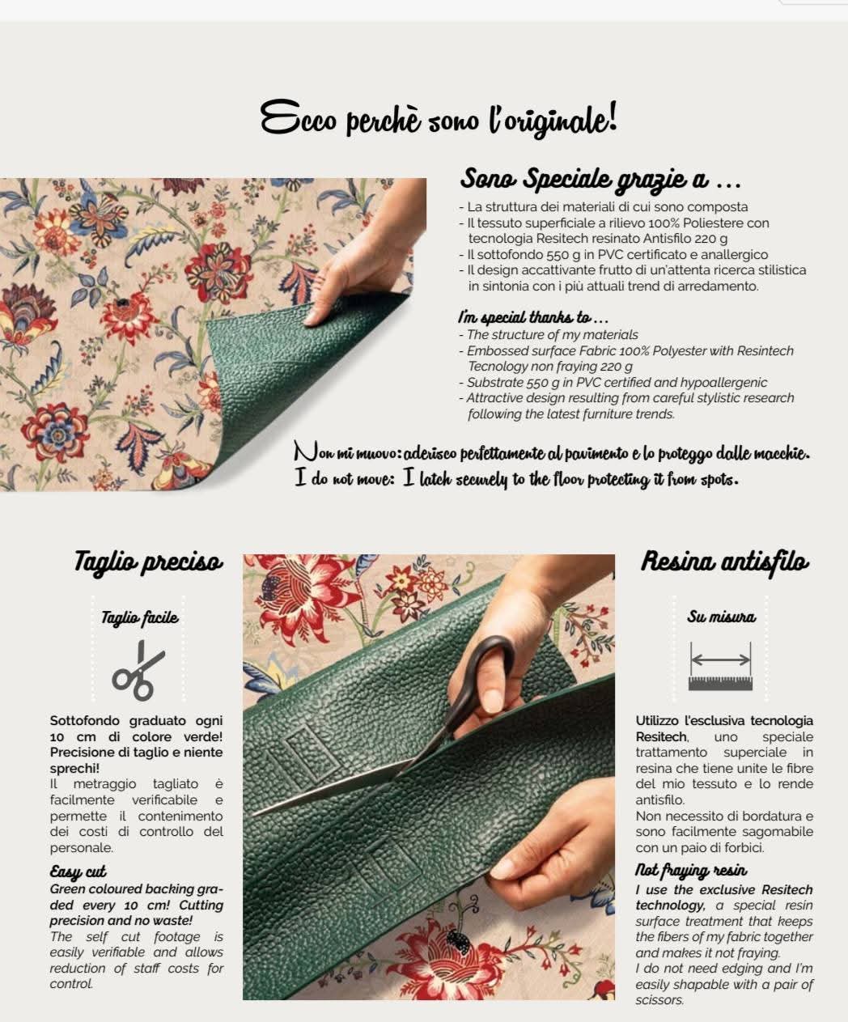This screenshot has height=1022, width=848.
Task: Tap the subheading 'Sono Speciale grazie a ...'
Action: point(600,179)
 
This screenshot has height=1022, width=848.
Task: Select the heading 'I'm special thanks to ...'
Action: point(533,318)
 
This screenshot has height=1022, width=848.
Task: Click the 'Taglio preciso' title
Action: point(148,562)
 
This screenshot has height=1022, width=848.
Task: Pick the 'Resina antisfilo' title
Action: point(725,562)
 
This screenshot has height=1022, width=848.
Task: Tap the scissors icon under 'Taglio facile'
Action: point(138,670)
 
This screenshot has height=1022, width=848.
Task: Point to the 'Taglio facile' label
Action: point(139,617)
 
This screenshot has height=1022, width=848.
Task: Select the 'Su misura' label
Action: point(721,617)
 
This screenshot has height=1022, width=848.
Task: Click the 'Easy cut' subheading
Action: point(78,871)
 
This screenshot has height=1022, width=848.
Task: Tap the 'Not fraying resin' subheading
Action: point(691,870)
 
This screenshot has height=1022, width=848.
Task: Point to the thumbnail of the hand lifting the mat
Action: point(213,334)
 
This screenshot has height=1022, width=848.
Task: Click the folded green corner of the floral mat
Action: point(294,372)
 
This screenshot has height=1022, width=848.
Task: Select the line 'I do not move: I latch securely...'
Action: point(516,479)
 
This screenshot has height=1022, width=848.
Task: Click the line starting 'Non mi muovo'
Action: point(551,453)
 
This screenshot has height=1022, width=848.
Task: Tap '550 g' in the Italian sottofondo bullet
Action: point(539,255)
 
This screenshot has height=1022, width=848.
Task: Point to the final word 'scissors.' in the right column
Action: point(659,1000)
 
